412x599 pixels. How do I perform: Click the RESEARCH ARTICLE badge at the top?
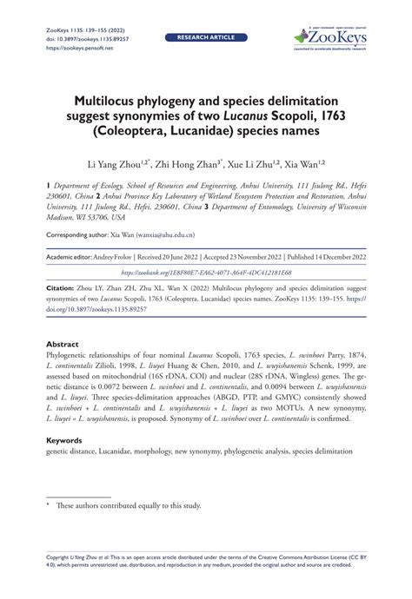click(206, 39)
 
